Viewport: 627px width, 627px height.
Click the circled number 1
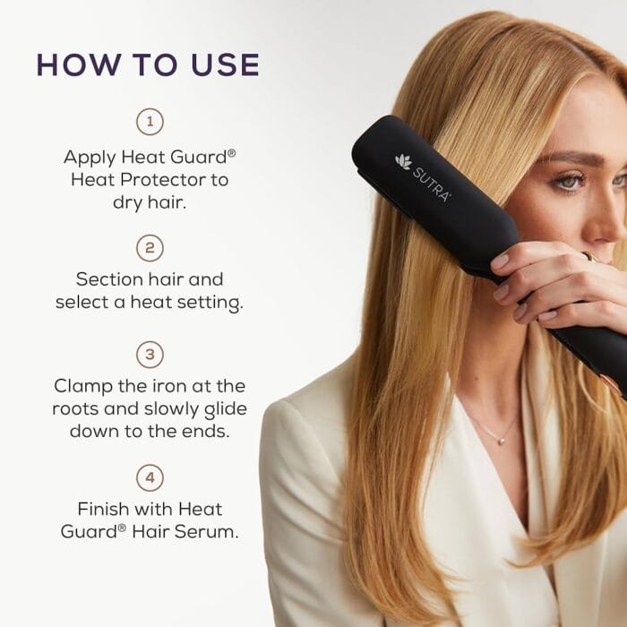coord(149,121)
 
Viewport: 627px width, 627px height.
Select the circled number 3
coord(149,354)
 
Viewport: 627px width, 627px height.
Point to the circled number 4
coord(149,476)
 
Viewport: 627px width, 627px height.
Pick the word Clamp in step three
coord(83,386)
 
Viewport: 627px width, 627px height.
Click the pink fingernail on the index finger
coord(501,262)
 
